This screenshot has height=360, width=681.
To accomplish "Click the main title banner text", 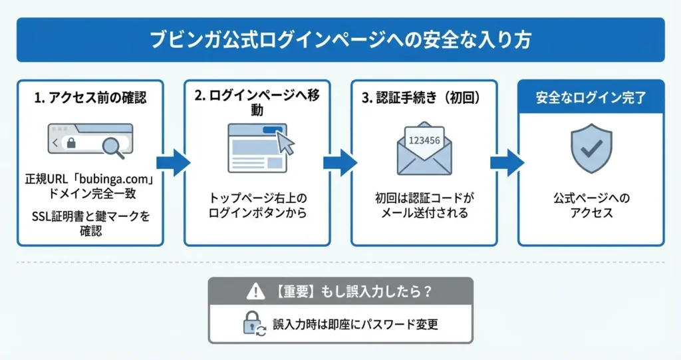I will pyautogui.click(x=340, y=39).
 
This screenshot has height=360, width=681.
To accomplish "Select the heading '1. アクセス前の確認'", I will pyautogui.click(x=90, y=98).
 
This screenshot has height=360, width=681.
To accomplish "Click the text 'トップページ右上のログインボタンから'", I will pyautogui.click(x=257, y=206).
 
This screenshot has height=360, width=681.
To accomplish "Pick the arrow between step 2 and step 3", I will pyautogui.click(x=340, y=162).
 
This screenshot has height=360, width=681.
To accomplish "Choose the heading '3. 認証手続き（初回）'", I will pyautogui.click(x=424, y=98).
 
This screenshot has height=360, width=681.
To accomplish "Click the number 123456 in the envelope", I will pyautogui.click(x=424, y=140).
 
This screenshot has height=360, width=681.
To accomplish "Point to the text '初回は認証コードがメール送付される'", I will pyautogui.click(x=424, y=206).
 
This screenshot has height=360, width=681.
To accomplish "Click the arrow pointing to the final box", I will pyautogui.click(x=507, y=162).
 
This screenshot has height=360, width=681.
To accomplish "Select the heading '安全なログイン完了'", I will pyautogui.click(x=591, y=98).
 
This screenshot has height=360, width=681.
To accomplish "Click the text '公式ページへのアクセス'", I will pyautogui.click(x=591, y=206).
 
